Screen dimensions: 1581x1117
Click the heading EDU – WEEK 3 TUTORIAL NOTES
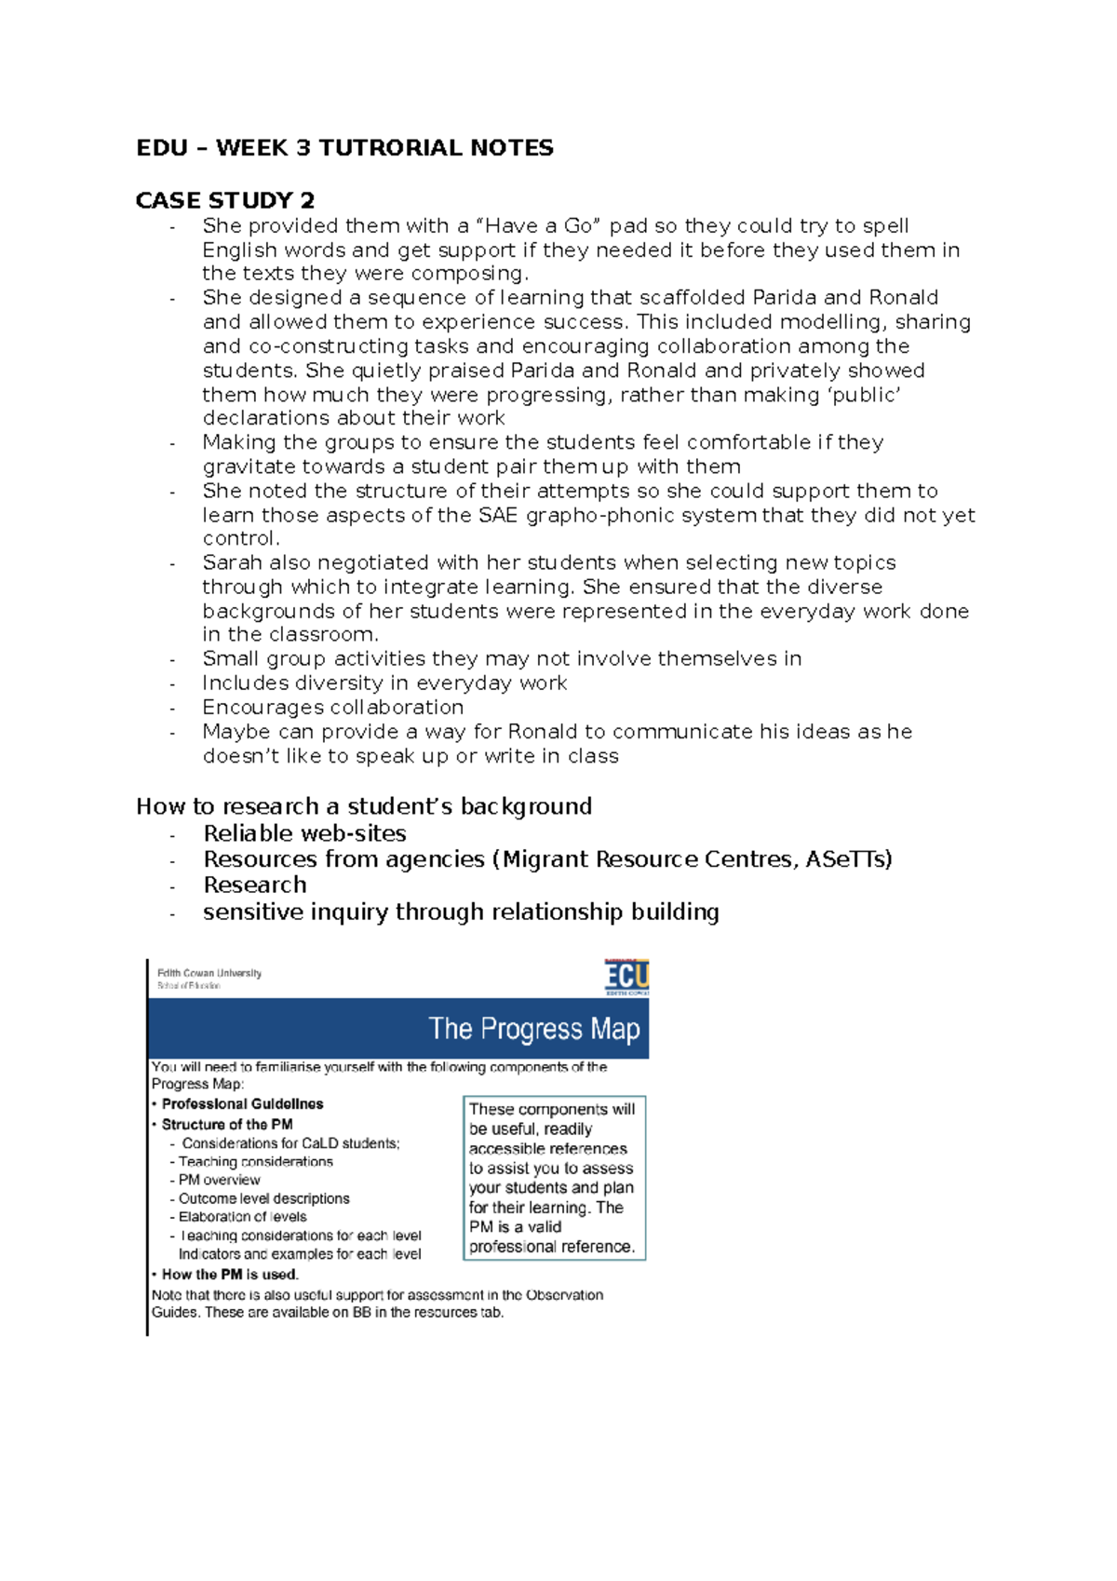(x=344, y=148)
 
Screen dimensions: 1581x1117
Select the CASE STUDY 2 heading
(x=224, y=200)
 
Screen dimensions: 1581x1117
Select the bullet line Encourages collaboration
(x=332, y=708)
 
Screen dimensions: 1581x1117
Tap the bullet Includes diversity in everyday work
(x=384, y=683)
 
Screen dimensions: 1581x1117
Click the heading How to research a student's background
(x=364, y=806)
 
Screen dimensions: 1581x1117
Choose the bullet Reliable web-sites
(x=304, y=833)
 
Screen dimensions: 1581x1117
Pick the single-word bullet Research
(x=254, y=885)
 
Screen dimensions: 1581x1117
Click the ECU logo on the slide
(x=626, y=977)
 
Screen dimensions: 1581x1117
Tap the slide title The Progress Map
(x=533, y=1029)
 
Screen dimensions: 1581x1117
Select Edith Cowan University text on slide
(x=209, y=973)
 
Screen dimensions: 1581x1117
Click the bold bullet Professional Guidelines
(x=242, y=1104)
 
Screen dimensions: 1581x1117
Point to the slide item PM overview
(x=219, y=1180)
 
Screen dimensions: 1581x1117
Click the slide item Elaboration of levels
(x=242, y=1217)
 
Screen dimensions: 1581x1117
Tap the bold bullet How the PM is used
(x=229, y=1275)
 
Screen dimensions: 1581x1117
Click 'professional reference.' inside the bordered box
(x=551, y=1247)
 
